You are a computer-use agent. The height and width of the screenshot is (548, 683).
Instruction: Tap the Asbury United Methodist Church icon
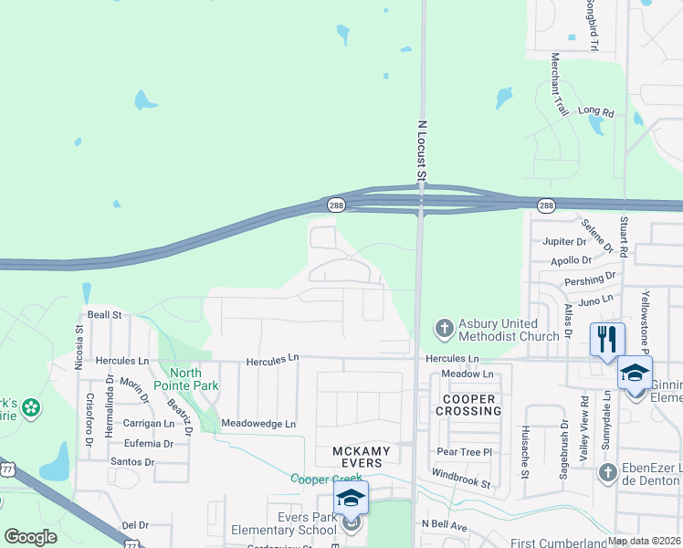(444, 327)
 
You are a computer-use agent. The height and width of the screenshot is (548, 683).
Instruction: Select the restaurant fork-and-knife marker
(607, 339)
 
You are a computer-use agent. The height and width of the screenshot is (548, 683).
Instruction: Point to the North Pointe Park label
(193, 379)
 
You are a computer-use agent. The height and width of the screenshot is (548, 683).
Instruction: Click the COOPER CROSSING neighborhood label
(469, 405)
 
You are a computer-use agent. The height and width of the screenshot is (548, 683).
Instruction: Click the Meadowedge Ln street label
(259, 424)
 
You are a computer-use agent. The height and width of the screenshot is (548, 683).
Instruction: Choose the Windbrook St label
(461, 476)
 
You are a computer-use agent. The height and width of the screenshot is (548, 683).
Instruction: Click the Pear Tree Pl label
(464, 452)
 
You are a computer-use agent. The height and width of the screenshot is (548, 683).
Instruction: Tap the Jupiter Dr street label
(562, 242)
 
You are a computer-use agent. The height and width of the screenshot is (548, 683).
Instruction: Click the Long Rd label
(596, 111)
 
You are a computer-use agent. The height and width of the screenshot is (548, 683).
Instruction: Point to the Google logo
(30, 537)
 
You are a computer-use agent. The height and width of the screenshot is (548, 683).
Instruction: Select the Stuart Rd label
(625, 237)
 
